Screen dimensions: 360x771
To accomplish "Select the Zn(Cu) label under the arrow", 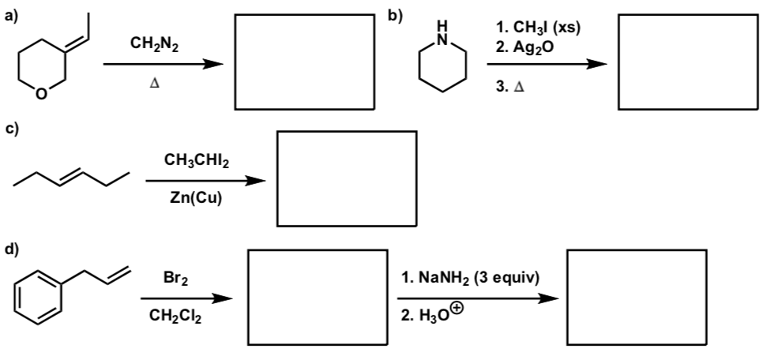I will [193, 198].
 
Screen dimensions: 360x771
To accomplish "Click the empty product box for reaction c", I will [346, 178].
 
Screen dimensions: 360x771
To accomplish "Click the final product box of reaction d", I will [637, 296].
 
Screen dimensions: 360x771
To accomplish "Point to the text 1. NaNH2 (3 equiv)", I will [472, 280].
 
